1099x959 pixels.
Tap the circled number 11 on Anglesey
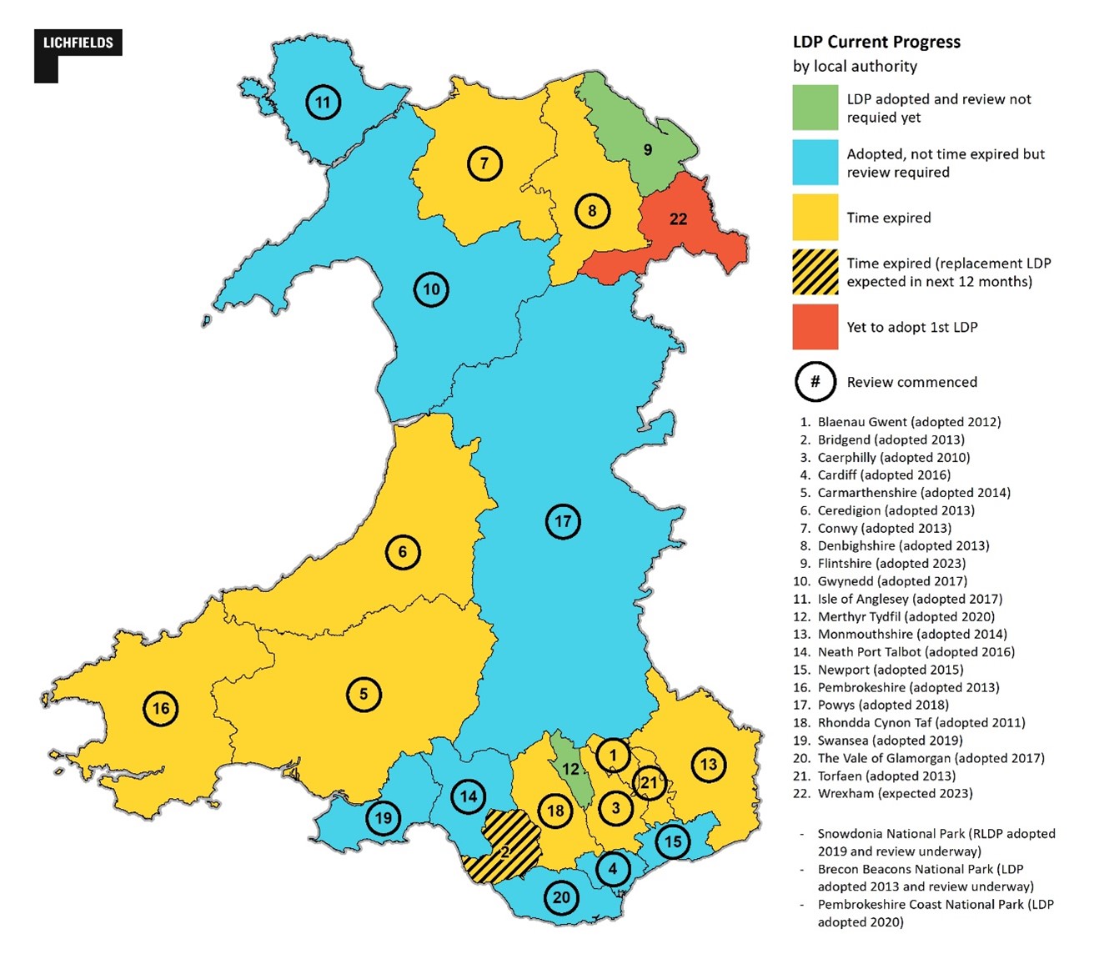coord(323,103)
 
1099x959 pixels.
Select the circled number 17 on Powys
coord(563,522)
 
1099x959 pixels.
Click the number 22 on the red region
coord(679,218)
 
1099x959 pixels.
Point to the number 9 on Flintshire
coord(648,150)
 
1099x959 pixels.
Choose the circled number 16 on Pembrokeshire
coord(161,709)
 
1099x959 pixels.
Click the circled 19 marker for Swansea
coord(383,818)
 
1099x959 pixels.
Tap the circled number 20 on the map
coord(561,897)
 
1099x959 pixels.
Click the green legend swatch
coord(815,107)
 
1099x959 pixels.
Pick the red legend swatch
coord(815,326)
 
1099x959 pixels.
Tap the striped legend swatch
coord(815,272)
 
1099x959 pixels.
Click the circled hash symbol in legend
coord(815,382)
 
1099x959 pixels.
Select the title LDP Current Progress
coord(876,43)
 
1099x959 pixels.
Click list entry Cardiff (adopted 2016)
coord(883,474)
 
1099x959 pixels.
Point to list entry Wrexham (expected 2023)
coord(894,793)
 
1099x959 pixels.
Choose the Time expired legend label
coord(888,218)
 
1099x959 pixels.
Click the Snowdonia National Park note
coord(936,842)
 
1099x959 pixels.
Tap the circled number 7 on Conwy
coord(484,163)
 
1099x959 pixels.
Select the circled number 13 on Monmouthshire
coord(708,764)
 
